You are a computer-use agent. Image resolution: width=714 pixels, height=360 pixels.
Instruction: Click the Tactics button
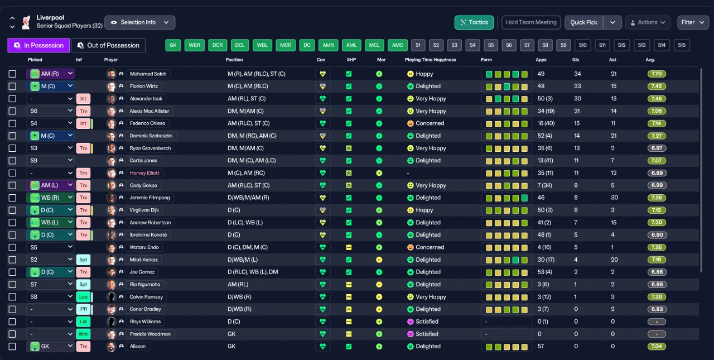[x=474, y=22]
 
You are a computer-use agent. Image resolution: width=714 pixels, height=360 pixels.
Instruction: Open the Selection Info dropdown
[x=139, y=22]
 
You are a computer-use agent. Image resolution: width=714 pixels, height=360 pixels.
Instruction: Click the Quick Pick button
[x=583, y=22]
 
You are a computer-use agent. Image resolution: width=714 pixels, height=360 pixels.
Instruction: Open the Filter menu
[x=693, y=22]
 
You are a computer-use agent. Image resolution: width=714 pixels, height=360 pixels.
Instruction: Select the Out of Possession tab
[x=108, y=45]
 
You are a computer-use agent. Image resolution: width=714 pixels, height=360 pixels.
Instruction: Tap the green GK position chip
[x=173, y=45]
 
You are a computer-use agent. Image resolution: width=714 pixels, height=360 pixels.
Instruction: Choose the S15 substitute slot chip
[x=682, y=45]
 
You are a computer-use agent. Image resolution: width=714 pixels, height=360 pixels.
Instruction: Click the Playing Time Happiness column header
[x=430, y=60]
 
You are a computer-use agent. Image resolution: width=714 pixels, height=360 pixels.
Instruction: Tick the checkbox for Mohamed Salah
[x=12, y=74]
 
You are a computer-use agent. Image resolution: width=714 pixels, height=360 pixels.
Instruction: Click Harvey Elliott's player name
[x=144, y=173]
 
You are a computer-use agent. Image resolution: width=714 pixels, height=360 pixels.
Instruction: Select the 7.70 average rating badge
[x=657, y=74]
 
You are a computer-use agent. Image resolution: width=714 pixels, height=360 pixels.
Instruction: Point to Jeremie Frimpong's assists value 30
[x=614, y=198]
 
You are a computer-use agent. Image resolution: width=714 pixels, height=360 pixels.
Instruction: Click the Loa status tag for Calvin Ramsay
[x=83, y=297]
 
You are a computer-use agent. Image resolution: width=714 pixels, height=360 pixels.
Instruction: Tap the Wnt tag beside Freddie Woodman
[x=83, y=334]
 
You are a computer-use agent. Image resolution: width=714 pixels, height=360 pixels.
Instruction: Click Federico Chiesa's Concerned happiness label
[x=430, y=123]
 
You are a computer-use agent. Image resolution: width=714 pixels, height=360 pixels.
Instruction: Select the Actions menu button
[x=648, y=22]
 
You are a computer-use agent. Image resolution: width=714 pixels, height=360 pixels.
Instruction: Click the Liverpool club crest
[x=26, y=22]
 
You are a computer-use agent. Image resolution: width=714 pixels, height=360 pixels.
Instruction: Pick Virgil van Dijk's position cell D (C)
[x=234, y=210]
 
